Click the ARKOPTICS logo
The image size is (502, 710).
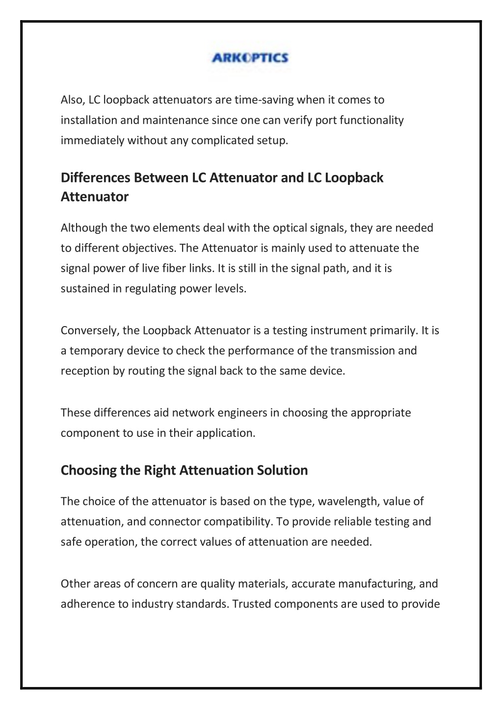250,58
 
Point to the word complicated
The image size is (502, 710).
222,141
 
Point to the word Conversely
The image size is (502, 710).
89,330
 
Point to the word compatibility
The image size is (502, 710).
238,522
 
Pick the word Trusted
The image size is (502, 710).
251,604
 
